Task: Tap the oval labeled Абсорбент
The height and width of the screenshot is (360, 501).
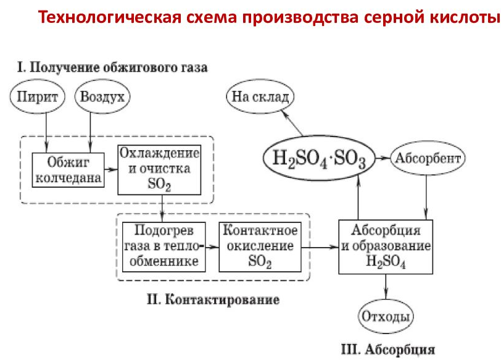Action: (x=428, y=158)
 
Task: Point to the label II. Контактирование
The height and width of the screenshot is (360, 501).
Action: (x=213, y=300)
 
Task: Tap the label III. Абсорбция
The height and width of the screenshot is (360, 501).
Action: (x=387, y=349)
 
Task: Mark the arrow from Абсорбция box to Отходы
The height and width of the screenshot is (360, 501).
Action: (x=386, y=289)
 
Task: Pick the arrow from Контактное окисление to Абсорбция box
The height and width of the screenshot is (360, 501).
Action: (x=319, y=246)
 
